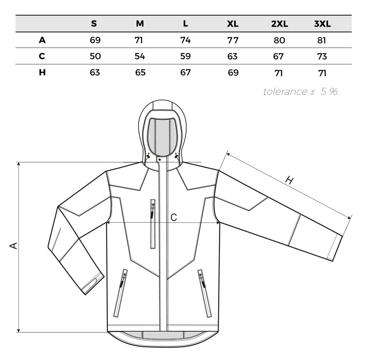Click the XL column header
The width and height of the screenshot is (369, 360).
pyautogui.click(x=232, y=24)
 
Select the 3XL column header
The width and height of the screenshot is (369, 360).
pyautogui.click(x=322, y=24)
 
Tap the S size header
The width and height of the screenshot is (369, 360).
pyautogui.click(x=93, y=23)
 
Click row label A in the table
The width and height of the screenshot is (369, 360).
pyautogui.click(x=42, y=40)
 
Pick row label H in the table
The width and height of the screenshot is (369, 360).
pyautogui.click(x=42, y=73)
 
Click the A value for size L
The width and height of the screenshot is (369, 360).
pyautogui.click(x=185, y=40)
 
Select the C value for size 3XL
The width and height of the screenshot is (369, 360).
pyautogui.click(x=322, y=57)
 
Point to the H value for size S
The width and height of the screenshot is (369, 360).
pyautogui.click(x=95, y=73)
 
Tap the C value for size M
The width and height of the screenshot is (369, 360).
pyautogui.click(x=140, y=57)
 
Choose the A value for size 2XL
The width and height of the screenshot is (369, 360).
pyautogui.click(x=279, y=41)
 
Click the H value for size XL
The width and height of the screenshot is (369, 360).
pyautogui.click(x=233, y=73)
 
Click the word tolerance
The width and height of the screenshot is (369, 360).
pyautogui.click(x=285, y=91)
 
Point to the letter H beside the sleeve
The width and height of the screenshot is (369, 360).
pyautogui.click(x=289, y=180)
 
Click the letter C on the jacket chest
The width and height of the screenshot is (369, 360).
pyautogui.click(x=174, y=218)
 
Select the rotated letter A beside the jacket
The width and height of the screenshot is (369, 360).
pyautogui.click(x=14, y=246)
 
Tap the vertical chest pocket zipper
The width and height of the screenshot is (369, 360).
pyautogui.click(x=153, y=224)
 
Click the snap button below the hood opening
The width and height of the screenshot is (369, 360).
pyautogui.click(x=159, y=160)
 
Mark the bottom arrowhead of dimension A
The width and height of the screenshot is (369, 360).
pyautogui.click(x=18, y=330)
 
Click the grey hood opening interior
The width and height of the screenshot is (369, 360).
pyautogui.click(x=162, y=137)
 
